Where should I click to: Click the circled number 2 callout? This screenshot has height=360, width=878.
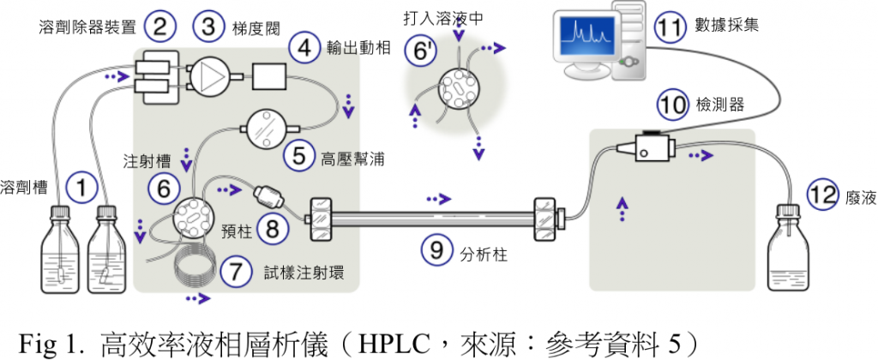coord(160,27)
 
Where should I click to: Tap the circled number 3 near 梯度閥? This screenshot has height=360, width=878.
coord(208,26)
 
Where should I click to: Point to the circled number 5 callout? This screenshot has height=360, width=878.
coord(299,157)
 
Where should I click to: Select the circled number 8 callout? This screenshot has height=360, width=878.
coord(273,228)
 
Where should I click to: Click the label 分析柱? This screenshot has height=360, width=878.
coord(478,253)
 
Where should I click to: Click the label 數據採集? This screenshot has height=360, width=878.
coord(730,27)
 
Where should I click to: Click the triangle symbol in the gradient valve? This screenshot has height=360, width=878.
coord(210,76)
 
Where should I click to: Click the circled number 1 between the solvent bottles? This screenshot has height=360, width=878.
coord(82,187)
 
